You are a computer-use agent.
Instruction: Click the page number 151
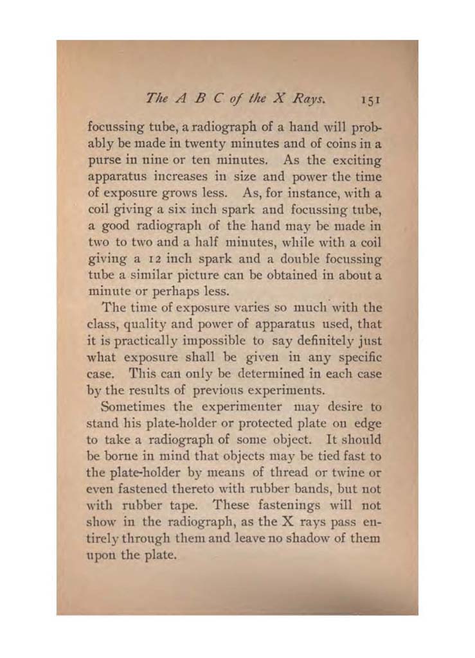click(372, 100)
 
